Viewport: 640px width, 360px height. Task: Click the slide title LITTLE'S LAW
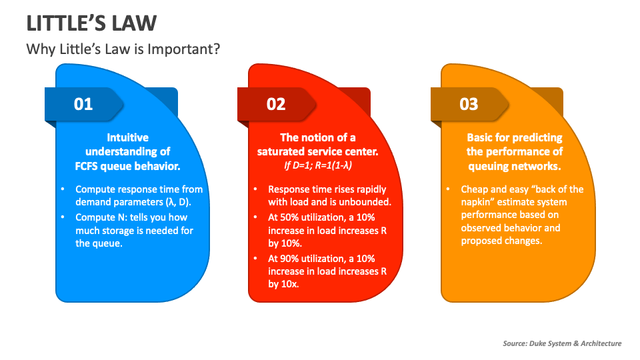coord(91,23)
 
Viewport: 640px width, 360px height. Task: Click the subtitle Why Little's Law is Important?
coord(123,49)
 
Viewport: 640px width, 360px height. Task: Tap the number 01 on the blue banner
coord(83,104)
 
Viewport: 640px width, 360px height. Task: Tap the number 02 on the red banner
coord(276,104)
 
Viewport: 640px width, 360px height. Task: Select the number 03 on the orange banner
coord(469,104)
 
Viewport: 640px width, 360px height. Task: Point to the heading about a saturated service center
coord(317,145)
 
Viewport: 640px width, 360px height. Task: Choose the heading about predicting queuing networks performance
coord(514,151)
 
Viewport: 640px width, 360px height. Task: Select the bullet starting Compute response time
coord(139,195)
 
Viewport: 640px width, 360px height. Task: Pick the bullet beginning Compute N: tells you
coord(133,231)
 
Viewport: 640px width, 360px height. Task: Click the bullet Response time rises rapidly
coord(329,195)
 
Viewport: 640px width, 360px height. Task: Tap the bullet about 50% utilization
coord(327,231)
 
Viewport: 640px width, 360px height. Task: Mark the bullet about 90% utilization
coord(327,271)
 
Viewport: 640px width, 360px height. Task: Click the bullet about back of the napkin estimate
coord(521,215)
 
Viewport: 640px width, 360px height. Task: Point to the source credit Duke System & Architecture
coord(562,343)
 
